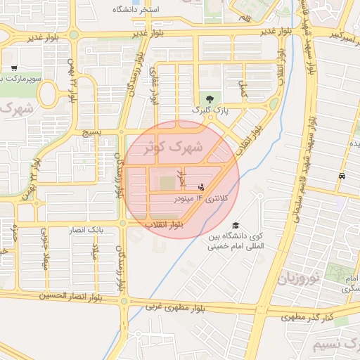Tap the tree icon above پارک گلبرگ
208,98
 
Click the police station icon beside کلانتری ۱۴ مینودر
202,187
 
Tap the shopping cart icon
14,68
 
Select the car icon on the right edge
341,176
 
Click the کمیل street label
243,89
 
